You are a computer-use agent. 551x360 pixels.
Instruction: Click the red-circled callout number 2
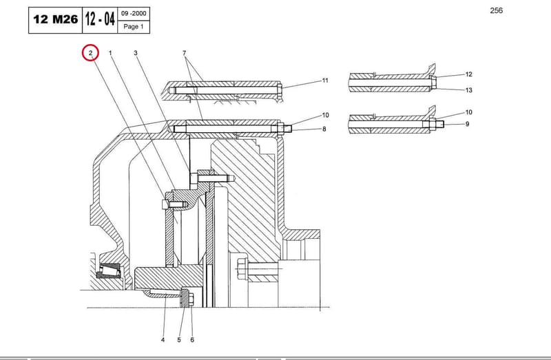point(90,53)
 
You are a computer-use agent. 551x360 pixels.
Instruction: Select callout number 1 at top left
point(110,53)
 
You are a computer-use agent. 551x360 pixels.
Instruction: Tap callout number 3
point(135,53)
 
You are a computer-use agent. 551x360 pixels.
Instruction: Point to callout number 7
point(184,53)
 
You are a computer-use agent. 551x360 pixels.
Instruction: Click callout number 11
point(325,81)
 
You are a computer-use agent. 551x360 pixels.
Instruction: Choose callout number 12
point(469,74)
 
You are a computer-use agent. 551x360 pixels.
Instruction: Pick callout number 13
point(469,90)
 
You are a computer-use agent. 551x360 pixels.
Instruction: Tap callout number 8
point(324,129)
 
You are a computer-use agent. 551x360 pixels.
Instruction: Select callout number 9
point(468,124)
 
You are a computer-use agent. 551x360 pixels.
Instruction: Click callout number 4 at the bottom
point(163,339)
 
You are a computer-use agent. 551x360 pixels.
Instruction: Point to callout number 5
point(179,339)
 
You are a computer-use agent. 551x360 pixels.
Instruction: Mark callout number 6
point(192,339)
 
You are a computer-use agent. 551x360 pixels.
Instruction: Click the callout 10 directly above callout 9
point(469,112)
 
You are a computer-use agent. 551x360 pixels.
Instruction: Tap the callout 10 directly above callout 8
point(325,115)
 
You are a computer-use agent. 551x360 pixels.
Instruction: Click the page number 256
point(496,10)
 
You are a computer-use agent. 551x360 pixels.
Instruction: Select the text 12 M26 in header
point(56,20)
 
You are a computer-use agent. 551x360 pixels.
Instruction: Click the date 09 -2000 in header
point(134,14)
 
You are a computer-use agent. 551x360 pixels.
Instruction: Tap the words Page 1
point(134,26)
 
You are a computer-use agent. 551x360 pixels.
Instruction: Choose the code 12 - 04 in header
point(100,19)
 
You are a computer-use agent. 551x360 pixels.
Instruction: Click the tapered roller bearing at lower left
point(109,271)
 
